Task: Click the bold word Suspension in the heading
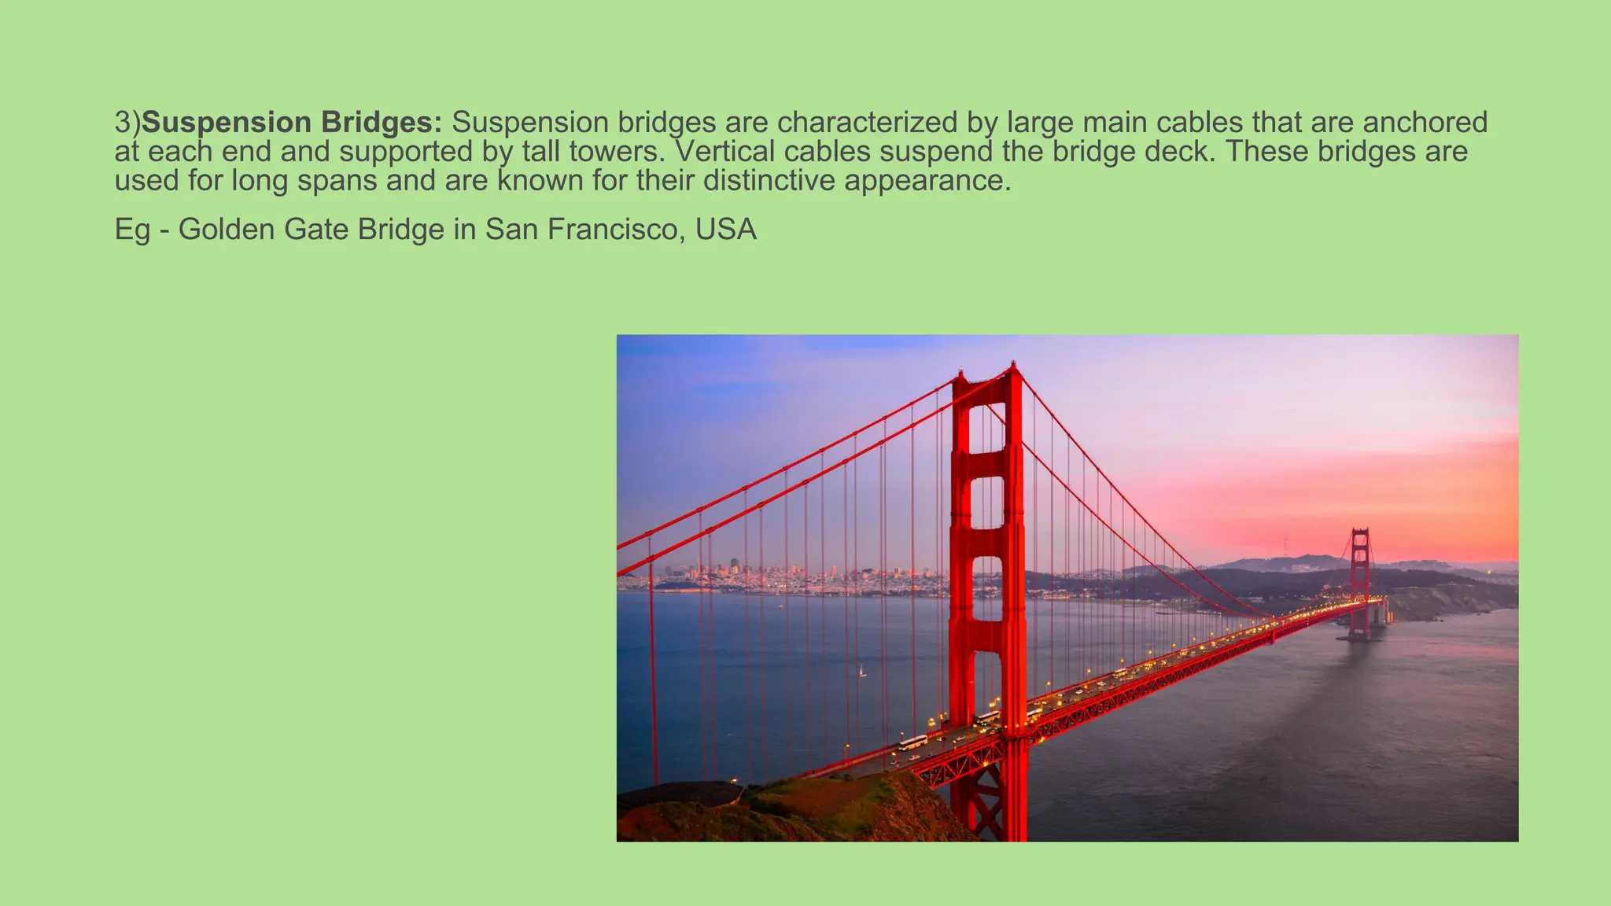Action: click(227, 123)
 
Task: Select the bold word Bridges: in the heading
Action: click(382, 123)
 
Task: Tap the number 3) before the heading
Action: click(127, 123)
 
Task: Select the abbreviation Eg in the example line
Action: click(132, 230)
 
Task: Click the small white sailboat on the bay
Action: click(862, 672)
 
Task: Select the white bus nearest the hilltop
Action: click(912, 742)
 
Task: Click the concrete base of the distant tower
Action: click(1360, 635)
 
